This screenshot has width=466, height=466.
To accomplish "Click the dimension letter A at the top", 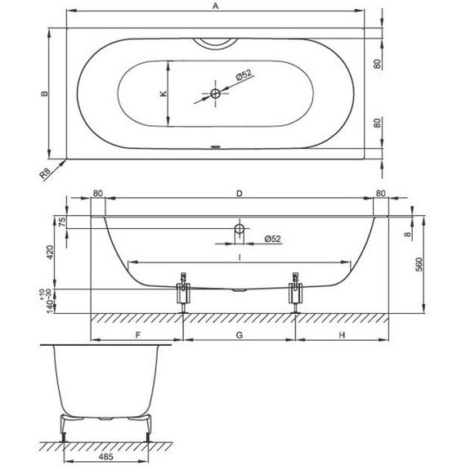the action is [216, 6].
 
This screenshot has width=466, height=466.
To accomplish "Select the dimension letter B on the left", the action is [44, 93].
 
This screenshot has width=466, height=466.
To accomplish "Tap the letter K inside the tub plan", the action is [164, 94].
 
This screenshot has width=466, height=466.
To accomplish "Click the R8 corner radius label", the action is [45, 173].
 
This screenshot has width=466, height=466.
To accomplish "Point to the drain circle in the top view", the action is [216, 94].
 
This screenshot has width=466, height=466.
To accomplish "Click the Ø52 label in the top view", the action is [244, 74].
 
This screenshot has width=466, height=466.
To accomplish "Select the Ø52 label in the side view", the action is [272, 239].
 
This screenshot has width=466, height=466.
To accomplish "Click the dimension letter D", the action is [240, 194].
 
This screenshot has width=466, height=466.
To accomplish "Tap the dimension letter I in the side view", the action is [240, 258].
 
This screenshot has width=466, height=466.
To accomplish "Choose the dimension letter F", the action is [138, 335].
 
